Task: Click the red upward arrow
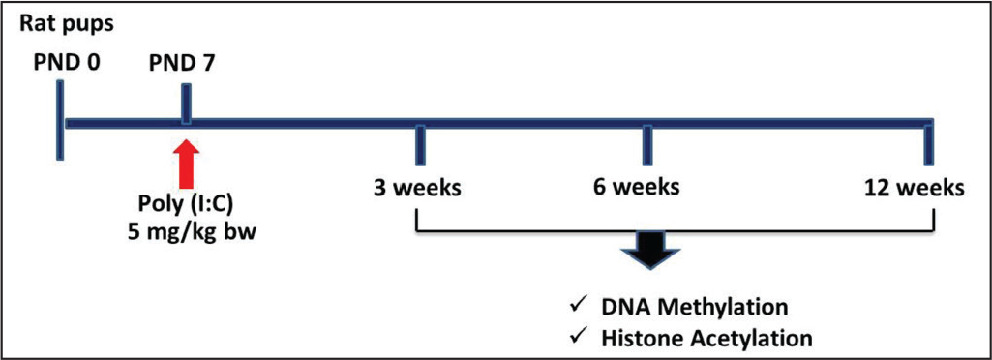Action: pos(186,164)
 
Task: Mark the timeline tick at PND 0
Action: pos(59,120)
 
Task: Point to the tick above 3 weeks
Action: pos(420,144)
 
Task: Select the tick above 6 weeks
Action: pos(646,144)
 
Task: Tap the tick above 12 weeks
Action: pos(929,144)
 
